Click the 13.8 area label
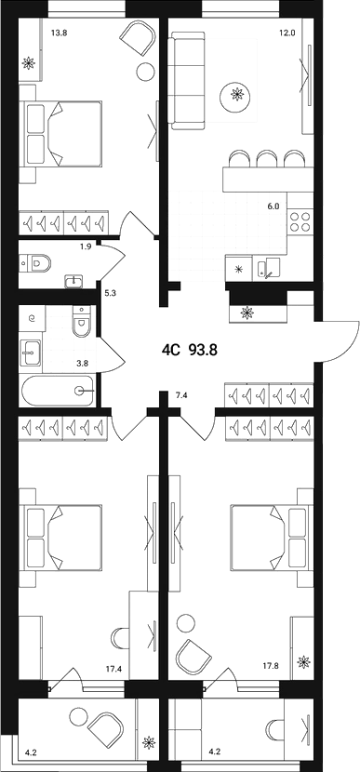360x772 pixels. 59,33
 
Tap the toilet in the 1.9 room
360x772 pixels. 34,263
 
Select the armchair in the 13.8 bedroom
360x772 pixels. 138,41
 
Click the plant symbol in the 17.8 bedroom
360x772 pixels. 301,662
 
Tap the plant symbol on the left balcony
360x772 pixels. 147,743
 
